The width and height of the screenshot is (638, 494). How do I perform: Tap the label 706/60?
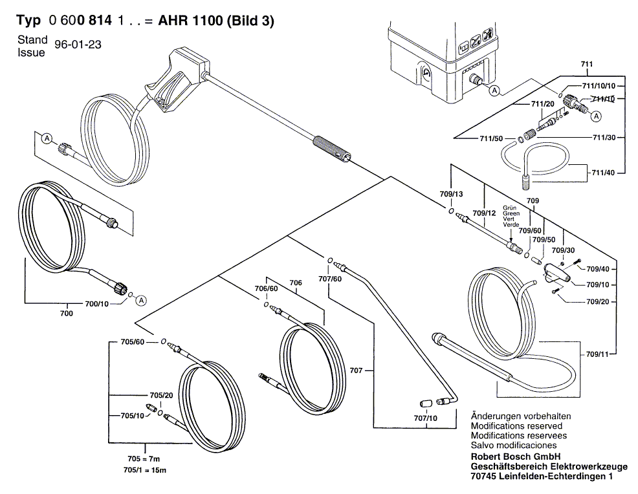265,288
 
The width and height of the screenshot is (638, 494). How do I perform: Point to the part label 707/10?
424,418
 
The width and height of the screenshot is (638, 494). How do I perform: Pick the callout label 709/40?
597,268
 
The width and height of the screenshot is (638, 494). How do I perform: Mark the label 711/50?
490,138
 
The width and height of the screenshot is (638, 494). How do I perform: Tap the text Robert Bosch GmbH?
513,456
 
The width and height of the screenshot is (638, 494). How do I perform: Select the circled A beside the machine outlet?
494,91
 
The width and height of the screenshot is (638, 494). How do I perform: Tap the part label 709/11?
597,354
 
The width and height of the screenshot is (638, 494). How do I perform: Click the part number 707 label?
357,371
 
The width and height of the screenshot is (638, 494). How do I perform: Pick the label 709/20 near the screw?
597,301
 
